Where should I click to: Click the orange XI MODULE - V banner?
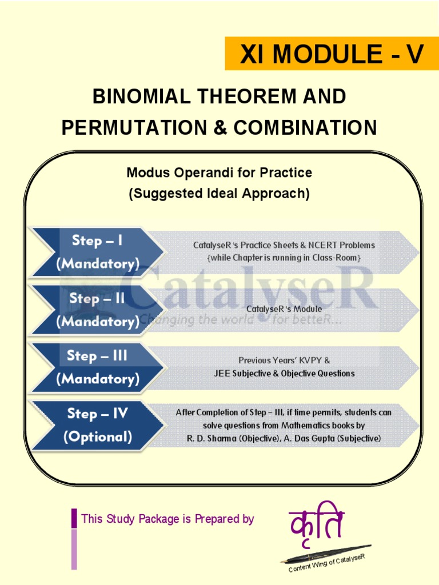(332, 54)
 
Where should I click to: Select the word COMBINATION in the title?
(305, 127)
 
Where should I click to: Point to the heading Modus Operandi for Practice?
(219, 172)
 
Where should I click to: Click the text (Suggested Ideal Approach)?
(219, 194)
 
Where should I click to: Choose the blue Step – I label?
(97, 241)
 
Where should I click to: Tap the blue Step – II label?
(97, 298)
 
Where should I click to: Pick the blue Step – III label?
(97, 355)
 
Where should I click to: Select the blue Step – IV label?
(97, 413)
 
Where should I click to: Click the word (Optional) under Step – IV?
(98, 437)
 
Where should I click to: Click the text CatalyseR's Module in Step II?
(284, 309)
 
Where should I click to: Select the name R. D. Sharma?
(210, 438)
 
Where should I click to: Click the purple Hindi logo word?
(317, 524)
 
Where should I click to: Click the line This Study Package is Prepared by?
(167, 519)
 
